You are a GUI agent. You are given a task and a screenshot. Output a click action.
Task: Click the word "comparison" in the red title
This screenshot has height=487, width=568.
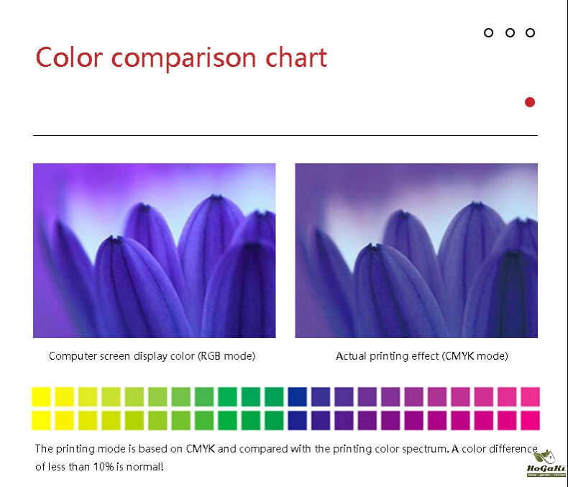coord(183,59)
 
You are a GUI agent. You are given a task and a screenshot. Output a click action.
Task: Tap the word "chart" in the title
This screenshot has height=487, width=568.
coord(296,58)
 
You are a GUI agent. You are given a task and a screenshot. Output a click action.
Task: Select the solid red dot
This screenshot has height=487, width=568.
coord(530,102)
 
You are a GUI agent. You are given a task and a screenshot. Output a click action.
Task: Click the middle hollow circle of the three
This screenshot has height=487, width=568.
coord(510,32)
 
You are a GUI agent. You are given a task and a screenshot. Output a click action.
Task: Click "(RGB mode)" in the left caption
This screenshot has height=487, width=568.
coord(226,356)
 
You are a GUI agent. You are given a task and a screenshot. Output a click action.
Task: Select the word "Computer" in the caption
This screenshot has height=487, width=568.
coord(73,356)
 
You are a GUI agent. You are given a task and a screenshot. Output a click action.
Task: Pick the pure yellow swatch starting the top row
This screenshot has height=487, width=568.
coord(41,397)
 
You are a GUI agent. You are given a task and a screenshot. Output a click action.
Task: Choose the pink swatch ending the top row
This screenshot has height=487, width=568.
coord(531,397)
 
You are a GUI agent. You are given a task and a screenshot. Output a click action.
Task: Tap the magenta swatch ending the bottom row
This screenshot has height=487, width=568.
coord(531,420)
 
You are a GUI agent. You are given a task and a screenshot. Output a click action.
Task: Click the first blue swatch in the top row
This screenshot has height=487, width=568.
coord(298,397)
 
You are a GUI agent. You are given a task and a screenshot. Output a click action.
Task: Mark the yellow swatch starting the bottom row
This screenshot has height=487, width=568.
coord(41,420)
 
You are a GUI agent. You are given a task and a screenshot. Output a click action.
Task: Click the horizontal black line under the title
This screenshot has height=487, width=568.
coord(285,135)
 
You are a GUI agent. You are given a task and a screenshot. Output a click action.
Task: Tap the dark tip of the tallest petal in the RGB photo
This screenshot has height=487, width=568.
coord(216,198)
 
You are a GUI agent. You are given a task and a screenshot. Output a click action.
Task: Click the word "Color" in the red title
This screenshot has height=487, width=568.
coord(70,58)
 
